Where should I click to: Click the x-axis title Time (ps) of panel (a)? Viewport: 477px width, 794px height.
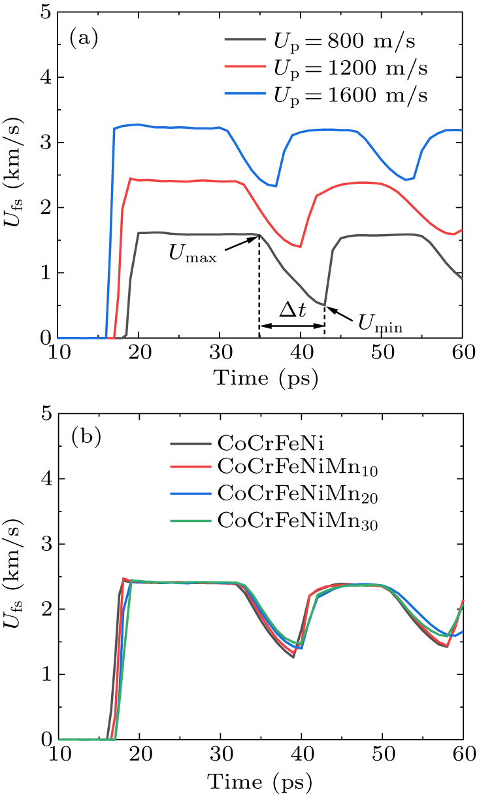click(x=260, y=378)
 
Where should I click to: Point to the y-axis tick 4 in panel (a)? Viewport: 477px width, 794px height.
click(x=46, y=77)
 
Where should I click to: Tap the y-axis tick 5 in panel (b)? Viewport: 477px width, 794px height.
click(x=46, y=414)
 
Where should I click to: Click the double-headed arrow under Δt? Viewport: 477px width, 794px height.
click(x=292, y=326)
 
